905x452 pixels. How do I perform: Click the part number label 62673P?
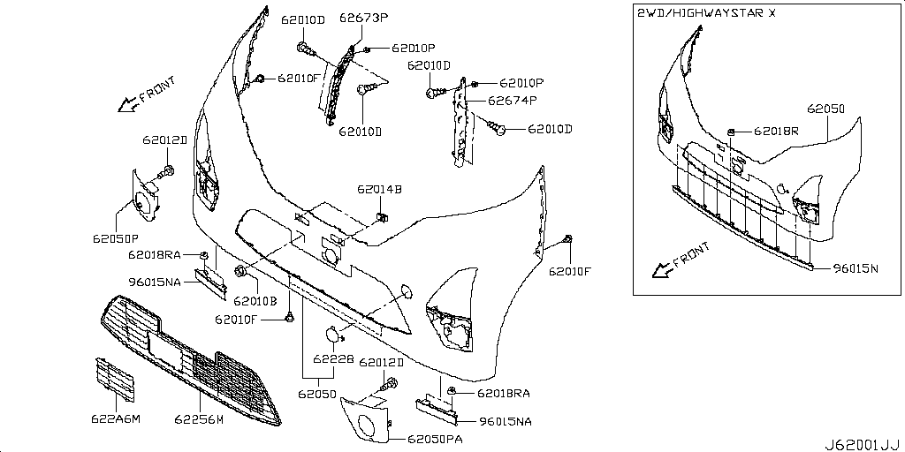(363, 18)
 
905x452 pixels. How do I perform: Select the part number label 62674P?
(513, 101)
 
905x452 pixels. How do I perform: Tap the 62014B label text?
(379, 189)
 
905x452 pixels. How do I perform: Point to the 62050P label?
(116, 237)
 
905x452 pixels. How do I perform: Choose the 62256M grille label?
(199, 419)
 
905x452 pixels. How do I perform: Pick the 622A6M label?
(116, 419)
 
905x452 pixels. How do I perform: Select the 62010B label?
(255, 300)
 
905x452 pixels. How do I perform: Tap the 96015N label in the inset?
(856, 268)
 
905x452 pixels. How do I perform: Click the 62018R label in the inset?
(776, 132)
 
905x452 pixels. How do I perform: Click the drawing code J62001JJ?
(862, 445)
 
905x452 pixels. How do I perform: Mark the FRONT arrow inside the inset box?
(680, 260)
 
